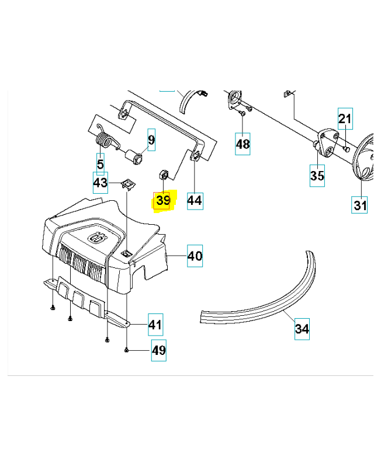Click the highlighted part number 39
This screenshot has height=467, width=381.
point(162,201)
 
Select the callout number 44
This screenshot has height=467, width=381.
point(195,201)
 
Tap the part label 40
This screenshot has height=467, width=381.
point(195,256)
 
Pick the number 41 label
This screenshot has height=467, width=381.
point(155,325)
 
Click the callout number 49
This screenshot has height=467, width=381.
point(158,350)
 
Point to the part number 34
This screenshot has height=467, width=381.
point(302,329)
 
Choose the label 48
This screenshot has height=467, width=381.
point(243,143)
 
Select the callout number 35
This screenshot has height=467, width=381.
point(317,175)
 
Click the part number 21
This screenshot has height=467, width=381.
point(345,120)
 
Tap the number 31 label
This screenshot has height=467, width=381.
point(360,205)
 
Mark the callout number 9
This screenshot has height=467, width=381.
point(151,140)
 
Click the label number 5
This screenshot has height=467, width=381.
point(100,164)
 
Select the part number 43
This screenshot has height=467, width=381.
point(101,183)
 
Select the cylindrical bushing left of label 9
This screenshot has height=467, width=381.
point(136,156)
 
